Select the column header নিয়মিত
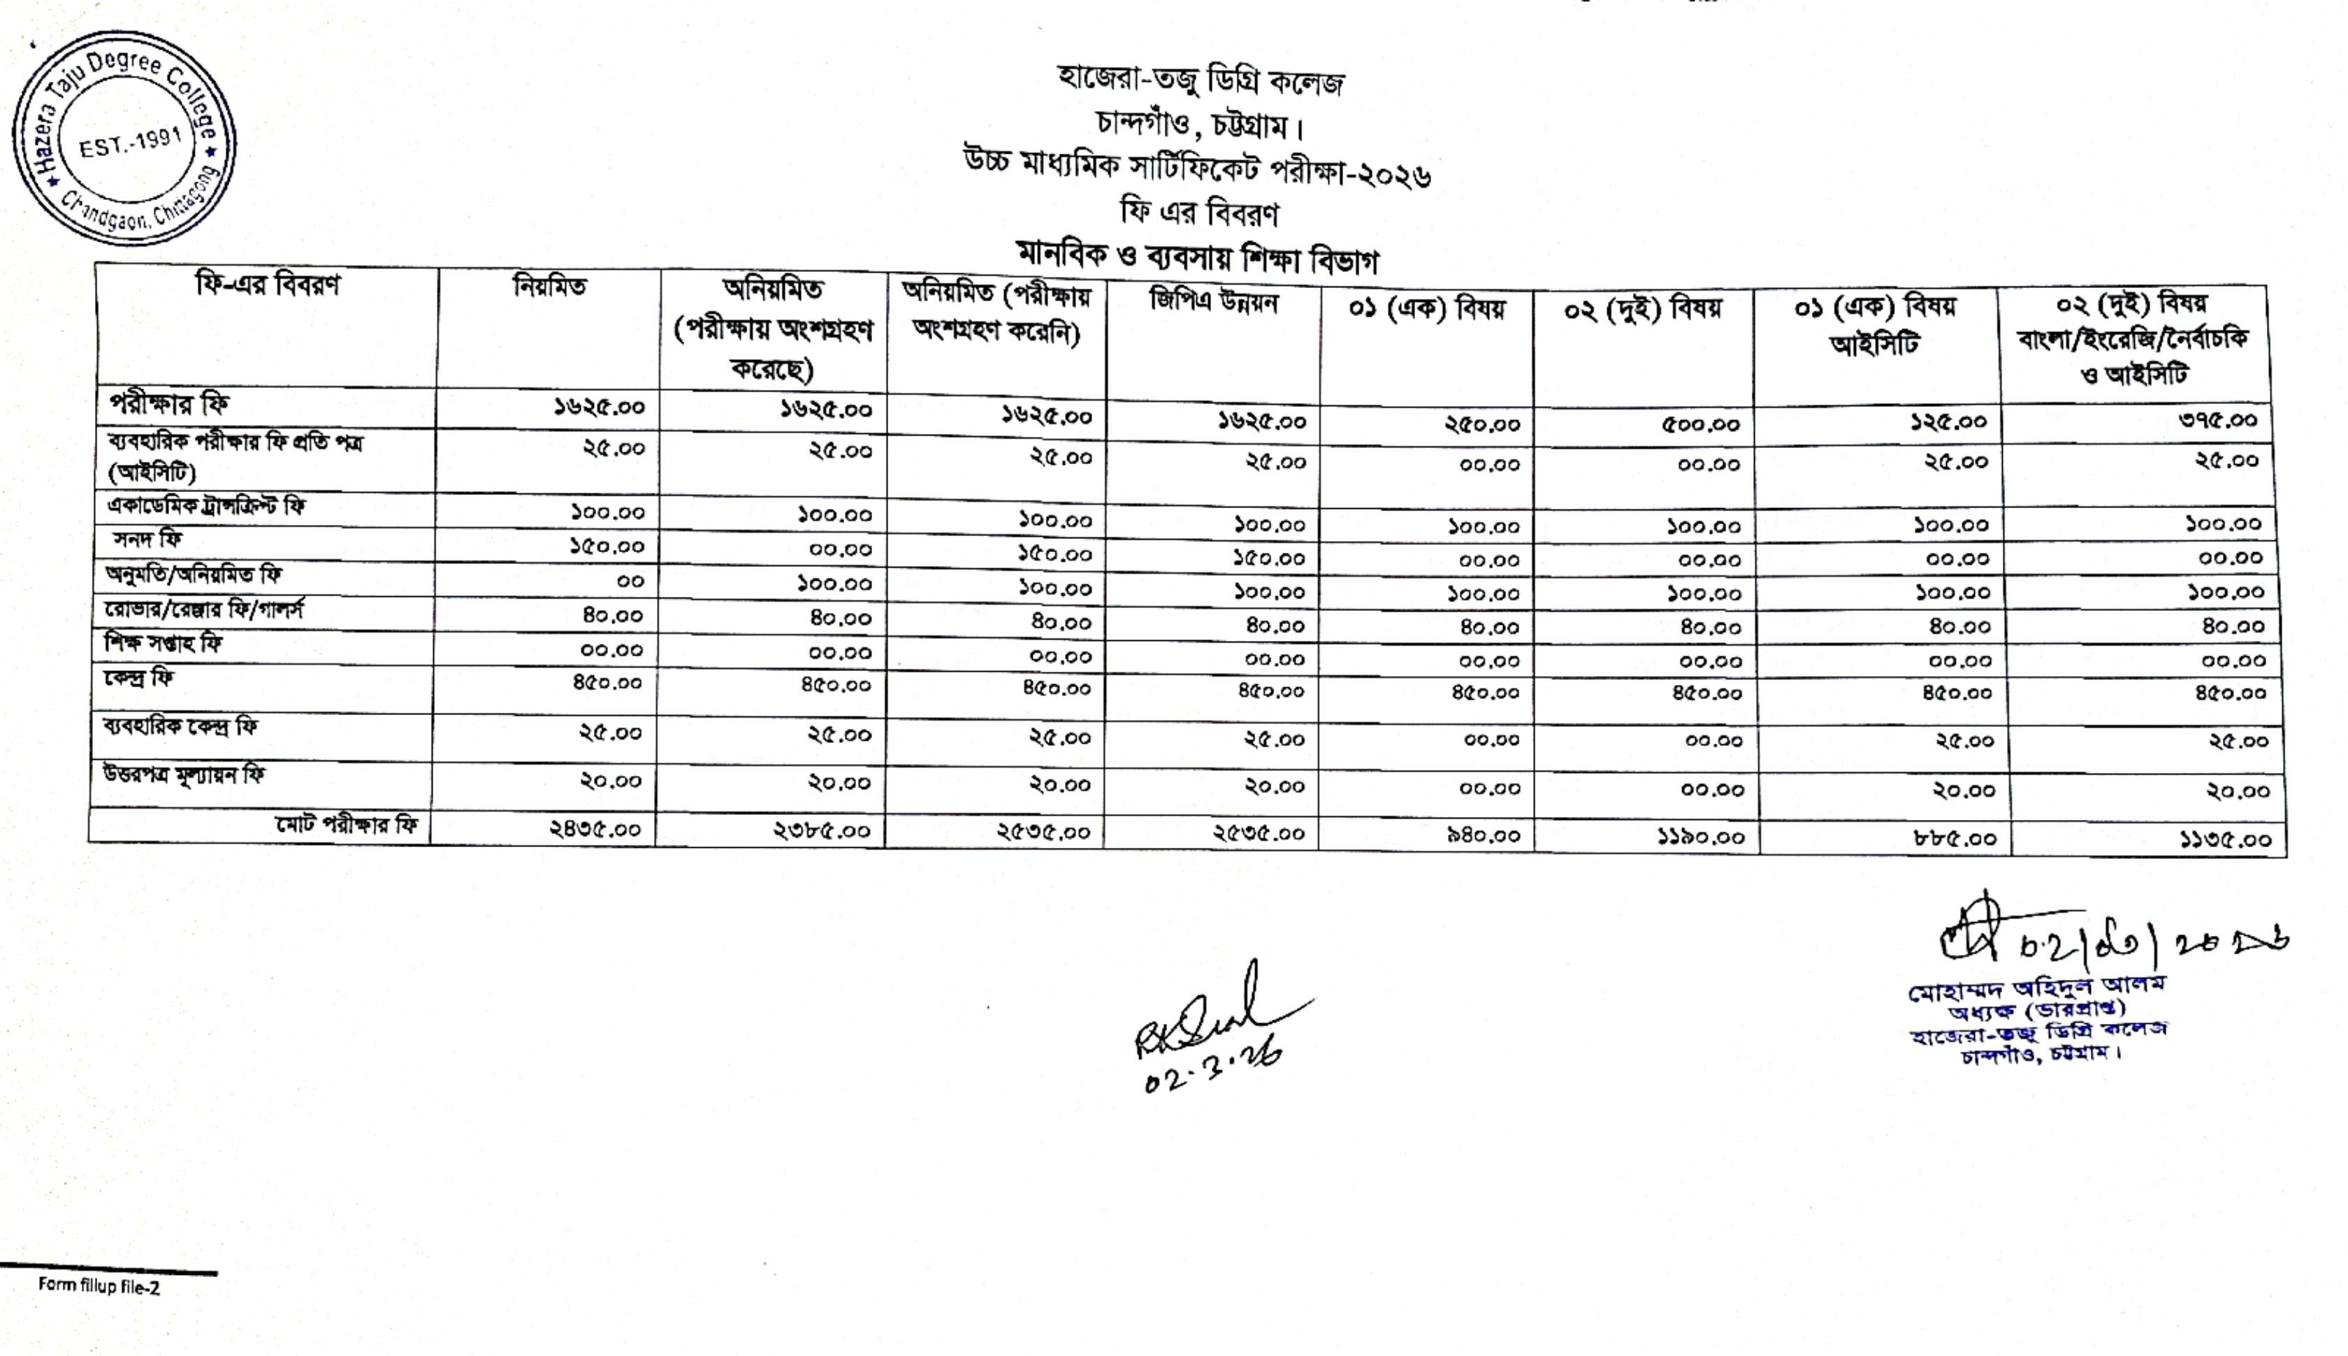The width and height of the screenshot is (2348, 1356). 549,286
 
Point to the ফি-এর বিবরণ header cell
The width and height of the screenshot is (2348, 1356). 267,284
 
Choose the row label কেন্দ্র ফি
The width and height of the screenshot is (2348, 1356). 139,677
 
